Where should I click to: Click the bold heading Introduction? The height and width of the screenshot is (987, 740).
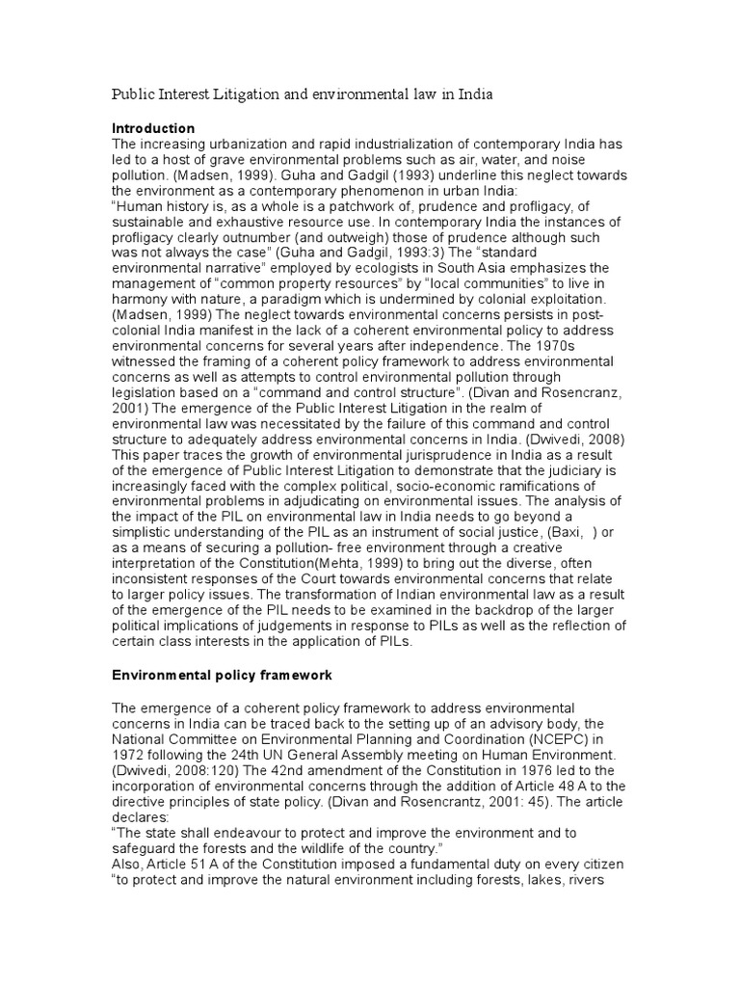coord(153,128)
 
